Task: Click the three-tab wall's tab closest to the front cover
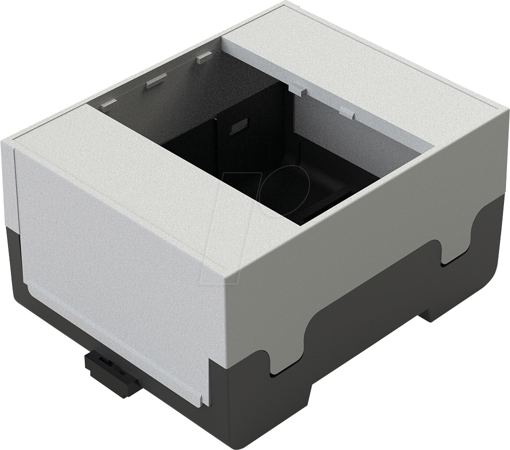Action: coord(108,104)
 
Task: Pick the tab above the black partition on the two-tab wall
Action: coord(298,89)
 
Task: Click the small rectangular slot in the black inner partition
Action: coord(239,125)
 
